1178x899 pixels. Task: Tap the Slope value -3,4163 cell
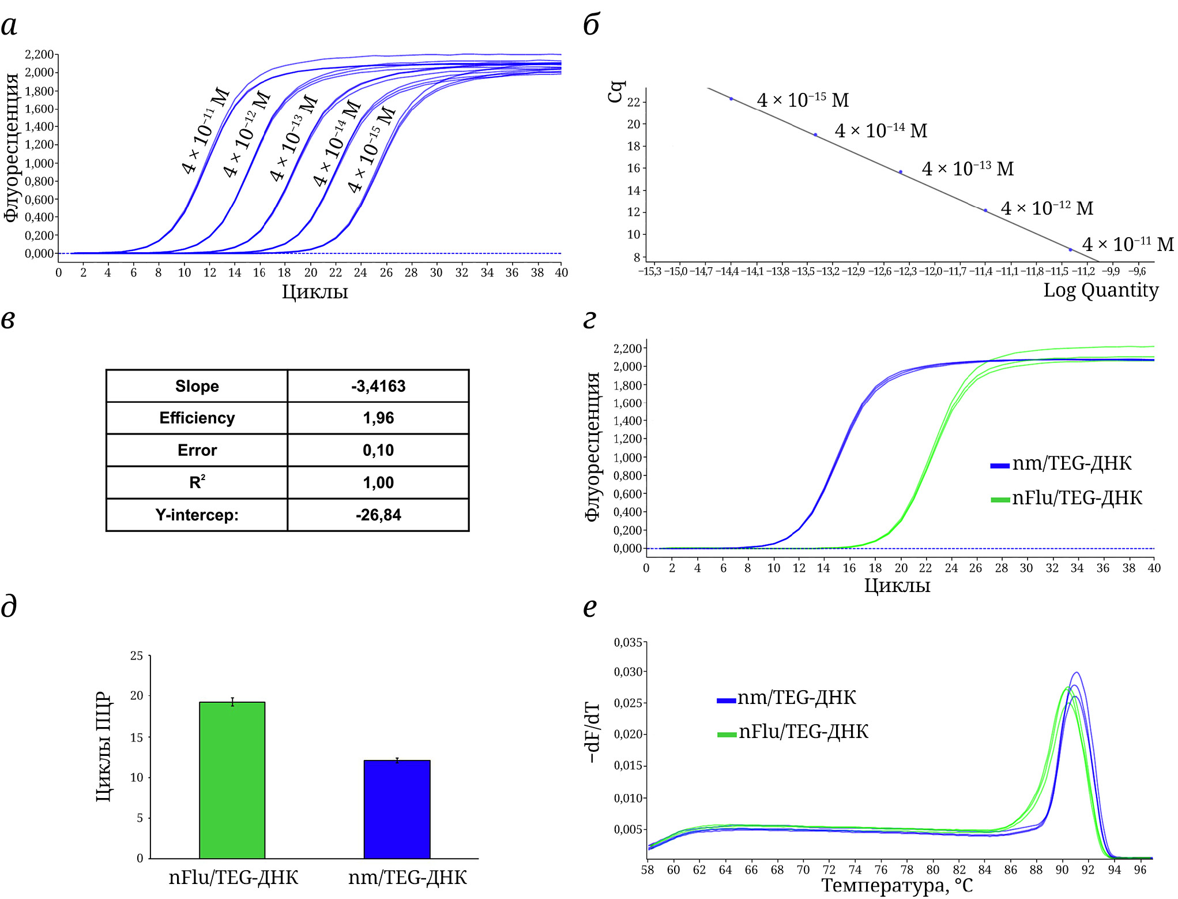(x=378, y=386)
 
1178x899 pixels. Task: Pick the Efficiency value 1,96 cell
(x=378, y=418)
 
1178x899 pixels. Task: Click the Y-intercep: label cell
(x=197, y=515)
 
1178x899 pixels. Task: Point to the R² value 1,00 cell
(x=378, y=482)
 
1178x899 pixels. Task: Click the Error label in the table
(x=197, y=450)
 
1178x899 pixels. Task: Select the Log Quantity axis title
(x=1101, y=290)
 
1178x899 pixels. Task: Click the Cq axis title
(x=616, y=92)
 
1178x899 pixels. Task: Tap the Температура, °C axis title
(x=897, y=885)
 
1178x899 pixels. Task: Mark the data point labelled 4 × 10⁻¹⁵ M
(x=731, y=99)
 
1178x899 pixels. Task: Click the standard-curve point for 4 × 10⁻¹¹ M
(x=1070, y=250)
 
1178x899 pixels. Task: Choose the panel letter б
(x=592, y=25)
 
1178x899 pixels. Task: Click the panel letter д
(x=9, y=606)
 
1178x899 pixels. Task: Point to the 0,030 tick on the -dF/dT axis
(x=628, y=672)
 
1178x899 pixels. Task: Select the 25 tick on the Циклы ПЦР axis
(x=137, y=655)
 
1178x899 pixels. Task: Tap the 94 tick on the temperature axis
(x=1114, y=870)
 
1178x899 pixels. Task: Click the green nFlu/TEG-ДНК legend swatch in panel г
(x=1000, y=499)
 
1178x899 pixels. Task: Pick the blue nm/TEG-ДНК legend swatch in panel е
(x=726, y=700)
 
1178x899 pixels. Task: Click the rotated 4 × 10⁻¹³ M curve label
(x=293, y=138)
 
